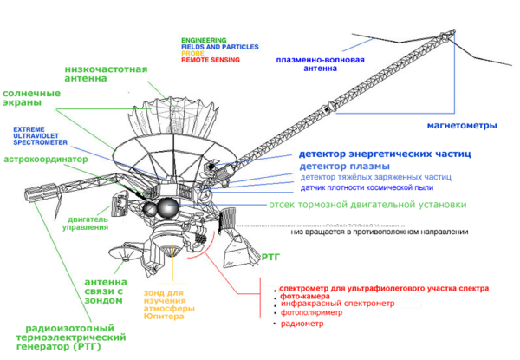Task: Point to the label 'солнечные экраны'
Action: pyautogui.click(x=30, y=97)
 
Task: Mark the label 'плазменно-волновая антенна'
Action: pyautogui.click(x=320, y=68)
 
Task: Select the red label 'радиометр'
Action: pyautogui.click(x=299, y=324)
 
